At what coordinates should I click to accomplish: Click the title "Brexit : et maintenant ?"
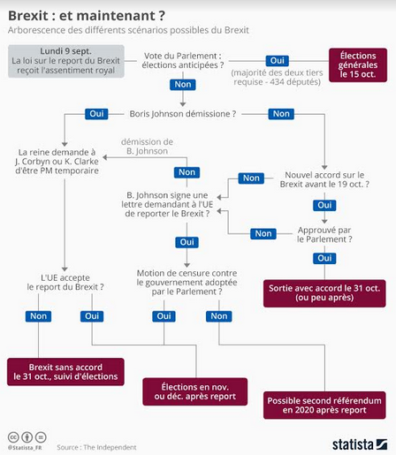(x=87, y=16)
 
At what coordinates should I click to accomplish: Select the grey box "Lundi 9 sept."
(x=66, y=61)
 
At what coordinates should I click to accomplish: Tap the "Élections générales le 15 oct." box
(x=358, y=64)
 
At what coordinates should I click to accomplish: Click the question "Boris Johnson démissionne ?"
(x=183, y=114)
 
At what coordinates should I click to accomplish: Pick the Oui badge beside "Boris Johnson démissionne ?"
(x=96, y=114)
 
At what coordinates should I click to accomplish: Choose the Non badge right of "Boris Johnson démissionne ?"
(x=281, y=114)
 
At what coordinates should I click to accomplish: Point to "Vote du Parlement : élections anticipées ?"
(x=183, y=60)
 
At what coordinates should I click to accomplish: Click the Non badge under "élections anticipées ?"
(x=183, y=85)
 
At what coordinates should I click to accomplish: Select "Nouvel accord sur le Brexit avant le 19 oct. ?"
(x=324, y=179)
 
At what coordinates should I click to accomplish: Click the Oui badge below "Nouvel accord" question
(x=324, y=205)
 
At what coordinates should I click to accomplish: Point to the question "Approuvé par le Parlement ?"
(x=324, y=235)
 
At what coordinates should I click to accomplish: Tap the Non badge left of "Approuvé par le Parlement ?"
(x=263, y=234)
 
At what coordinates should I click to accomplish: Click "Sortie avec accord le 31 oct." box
(x=324, y=293)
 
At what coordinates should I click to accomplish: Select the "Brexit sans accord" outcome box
(x=65, y=372)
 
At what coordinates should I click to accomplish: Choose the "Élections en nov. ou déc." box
(x=195, y=391)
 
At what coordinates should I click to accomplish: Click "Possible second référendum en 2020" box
(x=324, y=406)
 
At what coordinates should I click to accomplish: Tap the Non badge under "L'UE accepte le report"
(x=38, y=316)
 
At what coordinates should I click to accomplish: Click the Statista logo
(x=360, y=444)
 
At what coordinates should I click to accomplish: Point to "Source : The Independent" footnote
(x=96, y=447)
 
